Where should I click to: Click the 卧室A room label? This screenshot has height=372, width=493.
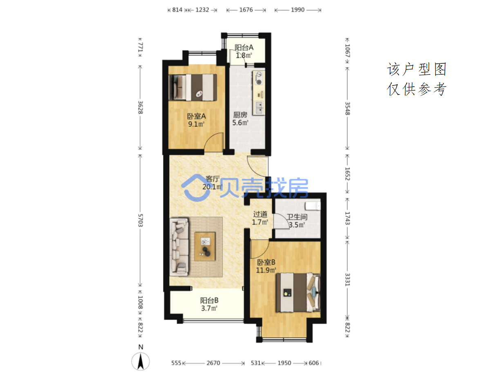[196, 116]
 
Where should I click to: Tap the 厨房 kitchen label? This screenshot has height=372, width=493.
[240, 115]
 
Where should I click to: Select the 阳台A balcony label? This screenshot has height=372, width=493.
[244, 47]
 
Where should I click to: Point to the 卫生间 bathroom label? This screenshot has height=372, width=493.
[297, 217]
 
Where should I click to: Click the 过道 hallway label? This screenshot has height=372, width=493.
[260, 214]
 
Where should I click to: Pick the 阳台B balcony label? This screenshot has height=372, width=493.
[209, 300]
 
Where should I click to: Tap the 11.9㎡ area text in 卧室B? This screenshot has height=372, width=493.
[266, 270]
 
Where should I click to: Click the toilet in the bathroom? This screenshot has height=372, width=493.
[312, 206]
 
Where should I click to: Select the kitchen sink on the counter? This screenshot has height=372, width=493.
[259, 108]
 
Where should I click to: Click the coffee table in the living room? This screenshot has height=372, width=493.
[205, 247]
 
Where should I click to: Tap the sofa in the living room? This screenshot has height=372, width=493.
[179, 247]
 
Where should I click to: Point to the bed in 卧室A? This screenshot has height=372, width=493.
[193, 87]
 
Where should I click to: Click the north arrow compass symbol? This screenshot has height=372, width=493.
[140, 361]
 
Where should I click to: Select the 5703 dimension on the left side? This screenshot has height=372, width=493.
[140, 220]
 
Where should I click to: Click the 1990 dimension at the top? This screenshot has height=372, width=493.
[298, 10]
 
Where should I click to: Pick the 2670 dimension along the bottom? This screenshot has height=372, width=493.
[213, 363]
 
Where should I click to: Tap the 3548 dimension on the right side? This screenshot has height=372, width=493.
[347, 108]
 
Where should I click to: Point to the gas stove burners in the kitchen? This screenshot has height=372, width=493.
[259, 78]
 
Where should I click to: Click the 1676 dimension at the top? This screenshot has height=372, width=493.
[246, 10]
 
